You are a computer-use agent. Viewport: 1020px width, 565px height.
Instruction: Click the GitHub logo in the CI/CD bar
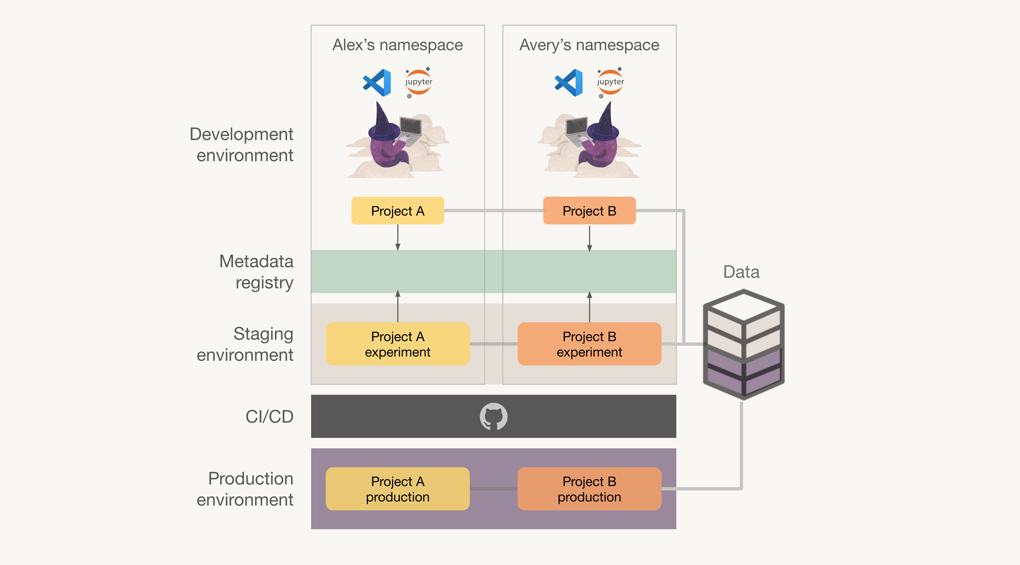pos(493,416)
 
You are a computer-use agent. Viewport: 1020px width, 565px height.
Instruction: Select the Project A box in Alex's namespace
pos(397,211)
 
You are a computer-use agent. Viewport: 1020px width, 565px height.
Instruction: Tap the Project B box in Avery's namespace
pos(589,211)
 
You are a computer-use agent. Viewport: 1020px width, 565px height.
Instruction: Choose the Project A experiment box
pos(397,344)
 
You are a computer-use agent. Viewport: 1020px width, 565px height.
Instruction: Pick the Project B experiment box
pos(589,344)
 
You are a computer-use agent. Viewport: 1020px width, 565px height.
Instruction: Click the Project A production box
pos(397,489)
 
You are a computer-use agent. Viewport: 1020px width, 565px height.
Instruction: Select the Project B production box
pos(589,489)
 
